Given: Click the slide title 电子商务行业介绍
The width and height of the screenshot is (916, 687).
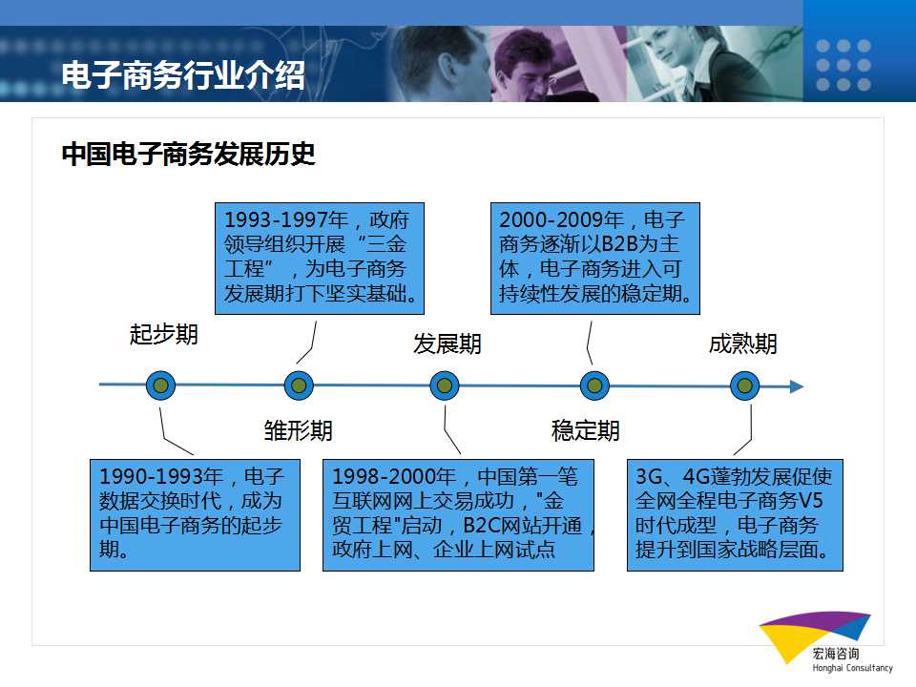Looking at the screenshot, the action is (183, 74).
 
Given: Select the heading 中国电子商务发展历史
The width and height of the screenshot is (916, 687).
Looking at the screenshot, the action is (188, 154).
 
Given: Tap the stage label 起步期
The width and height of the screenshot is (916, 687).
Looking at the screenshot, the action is (164, 334).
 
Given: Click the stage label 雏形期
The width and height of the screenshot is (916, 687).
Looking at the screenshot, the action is (298, 430).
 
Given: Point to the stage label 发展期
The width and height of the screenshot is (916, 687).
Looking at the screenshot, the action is (448, 343).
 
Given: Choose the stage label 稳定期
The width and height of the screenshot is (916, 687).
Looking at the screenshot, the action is (585, 430).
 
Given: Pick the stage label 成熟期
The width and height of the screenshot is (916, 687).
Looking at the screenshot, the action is (743, 343).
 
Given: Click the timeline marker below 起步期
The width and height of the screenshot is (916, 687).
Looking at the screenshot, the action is (160, 385).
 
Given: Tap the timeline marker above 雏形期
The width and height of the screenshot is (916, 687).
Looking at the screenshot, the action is (299, 385).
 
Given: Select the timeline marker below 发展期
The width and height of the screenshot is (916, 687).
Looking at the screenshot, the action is (445, 385).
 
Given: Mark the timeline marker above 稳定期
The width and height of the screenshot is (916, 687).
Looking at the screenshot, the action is (594, 385).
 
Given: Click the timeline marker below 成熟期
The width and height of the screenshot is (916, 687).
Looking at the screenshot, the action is (745, 385).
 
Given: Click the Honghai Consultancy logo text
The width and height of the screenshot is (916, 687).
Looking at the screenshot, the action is (852, 668).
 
